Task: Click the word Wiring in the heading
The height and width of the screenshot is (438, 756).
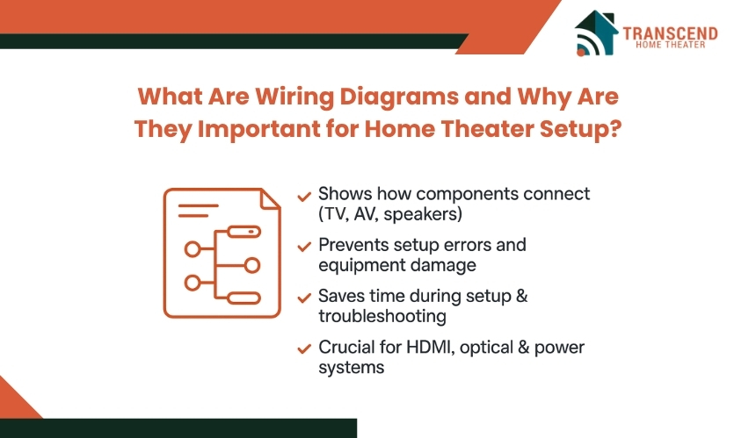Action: [294, 97]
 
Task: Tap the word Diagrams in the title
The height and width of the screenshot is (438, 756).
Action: [399, 97]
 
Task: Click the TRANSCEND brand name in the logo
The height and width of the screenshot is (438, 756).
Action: [670, 33]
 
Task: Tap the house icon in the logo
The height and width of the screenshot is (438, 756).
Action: [596, 32]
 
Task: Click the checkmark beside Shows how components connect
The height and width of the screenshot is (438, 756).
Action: [304, 197]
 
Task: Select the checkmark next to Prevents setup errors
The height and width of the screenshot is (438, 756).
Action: [304, 247]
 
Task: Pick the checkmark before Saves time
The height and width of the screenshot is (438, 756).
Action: [304, 298]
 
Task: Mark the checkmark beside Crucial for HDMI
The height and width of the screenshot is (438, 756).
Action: [304, 348]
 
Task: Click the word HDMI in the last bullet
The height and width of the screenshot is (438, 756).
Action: [431, 347]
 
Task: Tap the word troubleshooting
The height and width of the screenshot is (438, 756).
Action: [382, 316]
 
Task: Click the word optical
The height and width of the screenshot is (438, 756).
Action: [486, 348]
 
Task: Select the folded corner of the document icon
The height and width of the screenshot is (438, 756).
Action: [270, 198]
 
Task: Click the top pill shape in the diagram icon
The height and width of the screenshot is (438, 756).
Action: [244, 232]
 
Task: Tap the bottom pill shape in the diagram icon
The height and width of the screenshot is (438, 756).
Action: [244, 298]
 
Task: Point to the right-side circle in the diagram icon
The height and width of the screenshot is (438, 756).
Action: [252, 265]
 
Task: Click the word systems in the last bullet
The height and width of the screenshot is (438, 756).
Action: [352, 368]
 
